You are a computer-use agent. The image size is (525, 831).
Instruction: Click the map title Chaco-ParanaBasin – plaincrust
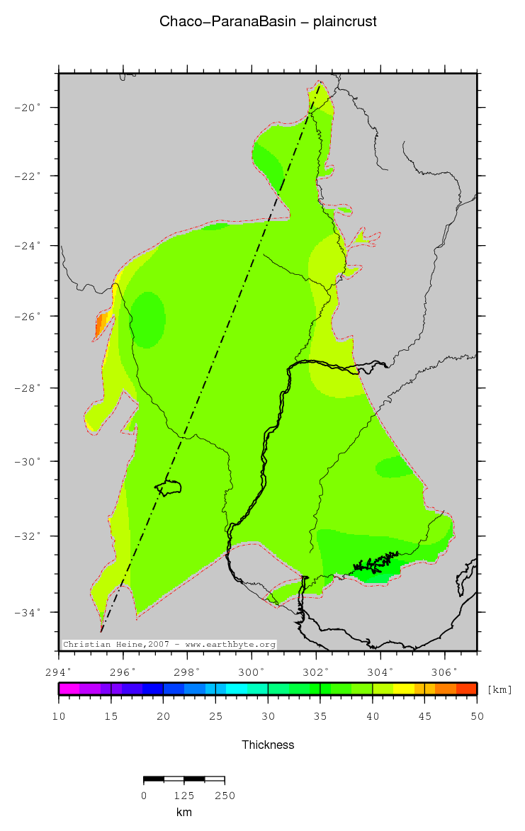pos(268,22)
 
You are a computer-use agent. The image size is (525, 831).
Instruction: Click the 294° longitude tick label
pos(59,672)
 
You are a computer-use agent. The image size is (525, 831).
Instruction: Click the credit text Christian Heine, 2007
pos(116,645)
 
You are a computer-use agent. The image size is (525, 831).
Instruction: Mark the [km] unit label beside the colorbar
pos(499,689)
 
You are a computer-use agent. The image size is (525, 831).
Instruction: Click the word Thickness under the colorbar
pos(268,745)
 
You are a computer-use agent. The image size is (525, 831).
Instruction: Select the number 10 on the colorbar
pos(59,716)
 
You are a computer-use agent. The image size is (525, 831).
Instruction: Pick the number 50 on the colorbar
pos(477,716)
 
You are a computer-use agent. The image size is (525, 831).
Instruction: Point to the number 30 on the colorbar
pos(268,716)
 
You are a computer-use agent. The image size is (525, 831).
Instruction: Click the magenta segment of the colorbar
pos(69,689)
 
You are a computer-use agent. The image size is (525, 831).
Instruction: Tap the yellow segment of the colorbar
pos(404,689)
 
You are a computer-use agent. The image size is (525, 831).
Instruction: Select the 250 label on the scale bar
pos(225,796)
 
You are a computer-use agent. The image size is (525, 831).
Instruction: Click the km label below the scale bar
pos(184,812)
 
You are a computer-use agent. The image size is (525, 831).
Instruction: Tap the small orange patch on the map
pos(101,327)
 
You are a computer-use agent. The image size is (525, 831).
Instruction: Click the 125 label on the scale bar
pos(184,796)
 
